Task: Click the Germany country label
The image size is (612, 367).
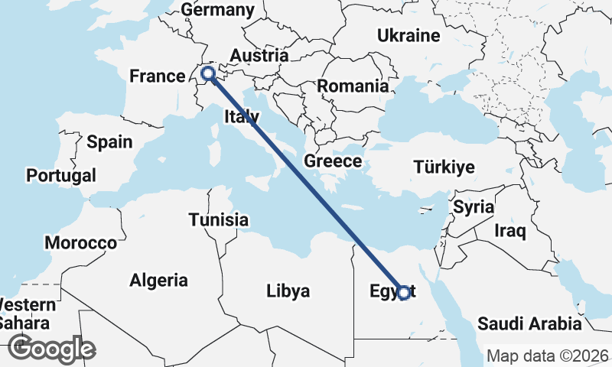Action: (217, 10)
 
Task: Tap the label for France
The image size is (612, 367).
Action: (158, 76)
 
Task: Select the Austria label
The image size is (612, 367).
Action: (259, 56)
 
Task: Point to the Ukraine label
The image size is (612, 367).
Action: (409, 35)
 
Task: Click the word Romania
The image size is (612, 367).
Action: (353, 86)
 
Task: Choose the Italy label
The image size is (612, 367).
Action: (242, 117)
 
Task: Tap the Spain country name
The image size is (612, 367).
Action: (109, 141)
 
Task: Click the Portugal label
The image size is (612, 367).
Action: (61, 176)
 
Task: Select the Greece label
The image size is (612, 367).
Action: (333, 161)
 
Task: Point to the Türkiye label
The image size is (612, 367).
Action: (444, 167)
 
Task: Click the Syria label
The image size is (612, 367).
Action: (474, 207)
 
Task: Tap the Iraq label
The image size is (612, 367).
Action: (510, 230)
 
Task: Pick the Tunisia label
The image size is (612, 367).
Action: (219, 220)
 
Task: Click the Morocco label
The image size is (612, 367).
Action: (80, 243)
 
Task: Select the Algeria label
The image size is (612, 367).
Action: (158, 280)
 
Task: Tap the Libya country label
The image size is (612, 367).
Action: (288, 291)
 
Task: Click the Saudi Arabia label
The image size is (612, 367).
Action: (529, 323)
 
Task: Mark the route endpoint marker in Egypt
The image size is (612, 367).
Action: (404, 292)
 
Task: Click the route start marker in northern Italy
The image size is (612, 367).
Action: (207, 74)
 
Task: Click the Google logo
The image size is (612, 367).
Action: (52, 348)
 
